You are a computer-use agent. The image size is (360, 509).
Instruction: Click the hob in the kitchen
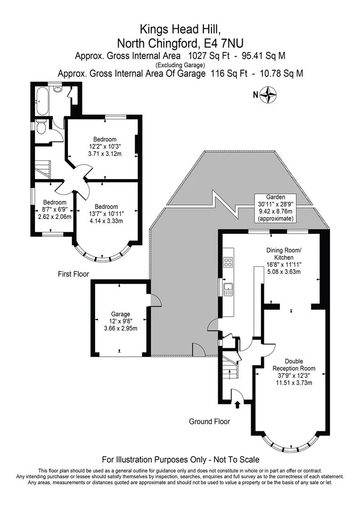pos(228,263)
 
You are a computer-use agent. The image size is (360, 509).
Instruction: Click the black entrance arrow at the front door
pos(237,403)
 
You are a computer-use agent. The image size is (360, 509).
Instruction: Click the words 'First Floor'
pos(74,274)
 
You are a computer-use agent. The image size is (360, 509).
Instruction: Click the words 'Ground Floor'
pos(209,421)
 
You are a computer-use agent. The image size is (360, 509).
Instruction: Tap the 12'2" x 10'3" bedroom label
pos(104,146)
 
